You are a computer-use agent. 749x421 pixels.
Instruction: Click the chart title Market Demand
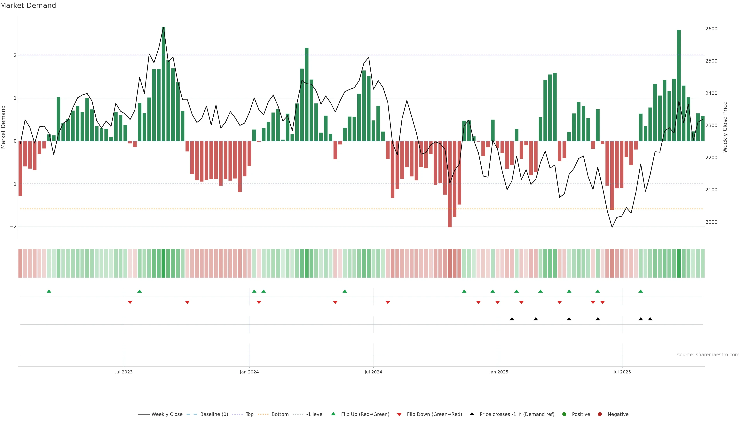[x=28, y=5]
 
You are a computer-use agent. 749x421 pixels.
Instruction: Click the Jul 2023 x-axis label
[x=124, y=372]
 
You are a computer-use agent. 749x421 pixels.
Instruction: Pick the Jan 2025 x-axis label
[x=499, y=372]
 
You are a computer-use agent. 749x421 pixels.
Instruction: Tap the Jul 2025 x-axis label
[x=622, y=372]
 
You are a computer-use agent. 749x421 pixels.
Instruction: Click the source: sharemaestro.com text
[x=708, y=355]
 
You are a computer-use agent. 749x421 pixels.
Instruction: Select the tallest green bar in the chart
[x=163, y=84]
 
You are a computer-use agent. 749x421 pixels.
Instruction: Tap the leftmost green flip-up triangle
[x=49, y=291]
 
